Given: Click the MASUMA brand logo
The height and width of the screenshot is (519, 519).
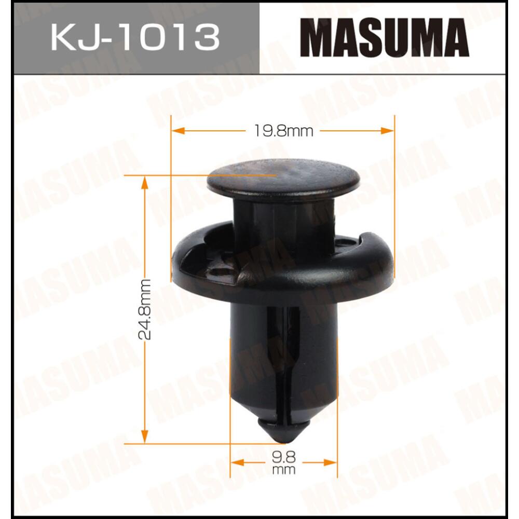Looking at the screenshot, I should (384, 38).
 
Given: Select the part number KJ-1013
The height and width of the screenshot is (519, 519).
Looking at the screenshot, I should (134, 37).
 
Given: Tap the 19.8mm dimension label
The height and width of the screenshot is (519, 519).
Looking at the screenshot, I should (283, 131).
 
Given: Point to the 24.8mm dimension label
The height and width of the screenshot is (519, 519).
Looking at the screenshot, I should (146, 309).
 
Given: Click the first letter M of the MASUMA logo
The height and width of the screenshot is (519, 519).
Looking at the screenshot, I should (317, 38).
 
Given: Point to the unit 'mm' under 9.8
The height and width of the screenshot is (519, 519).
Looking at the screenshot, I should (283, 471).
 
